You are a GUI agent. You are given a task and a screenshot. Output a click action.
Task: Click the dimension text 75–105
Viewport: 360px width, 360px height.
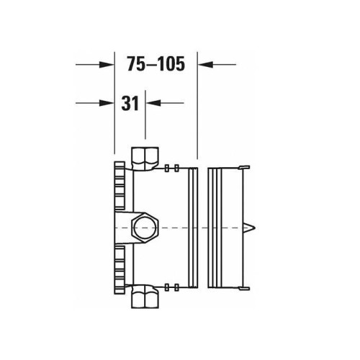[156, 64]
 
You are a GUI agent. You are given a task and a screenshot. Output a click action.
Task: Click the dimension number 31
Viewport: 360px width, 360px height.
[130, 104]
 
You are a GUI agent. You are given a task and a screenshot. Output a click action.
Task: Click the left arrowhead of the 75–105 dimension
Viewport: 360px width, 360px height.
[107, 64]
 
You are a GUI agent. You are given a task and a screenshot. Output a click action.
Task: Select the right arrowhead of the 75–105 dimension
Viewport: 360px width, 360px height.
[205, 64]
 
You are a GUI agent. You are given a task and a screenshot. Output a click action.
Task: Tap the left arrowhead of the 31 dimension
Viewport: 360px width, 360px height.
[107, 103]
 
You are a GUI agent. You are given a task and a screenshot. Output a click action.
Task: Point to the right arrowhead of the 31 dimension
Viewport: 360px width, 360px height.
[153, 103]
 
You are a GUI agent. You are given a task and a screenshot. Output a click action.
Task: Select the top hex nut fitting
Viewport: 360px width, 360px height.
[145, 159]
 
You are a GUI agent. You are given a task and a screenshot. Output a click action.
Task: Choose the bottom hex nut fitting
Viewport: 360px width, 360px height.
[145, 296]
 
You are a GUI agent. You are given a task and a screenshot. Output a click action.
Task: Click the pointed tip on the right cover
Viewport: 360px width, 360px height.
[256, 228]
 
